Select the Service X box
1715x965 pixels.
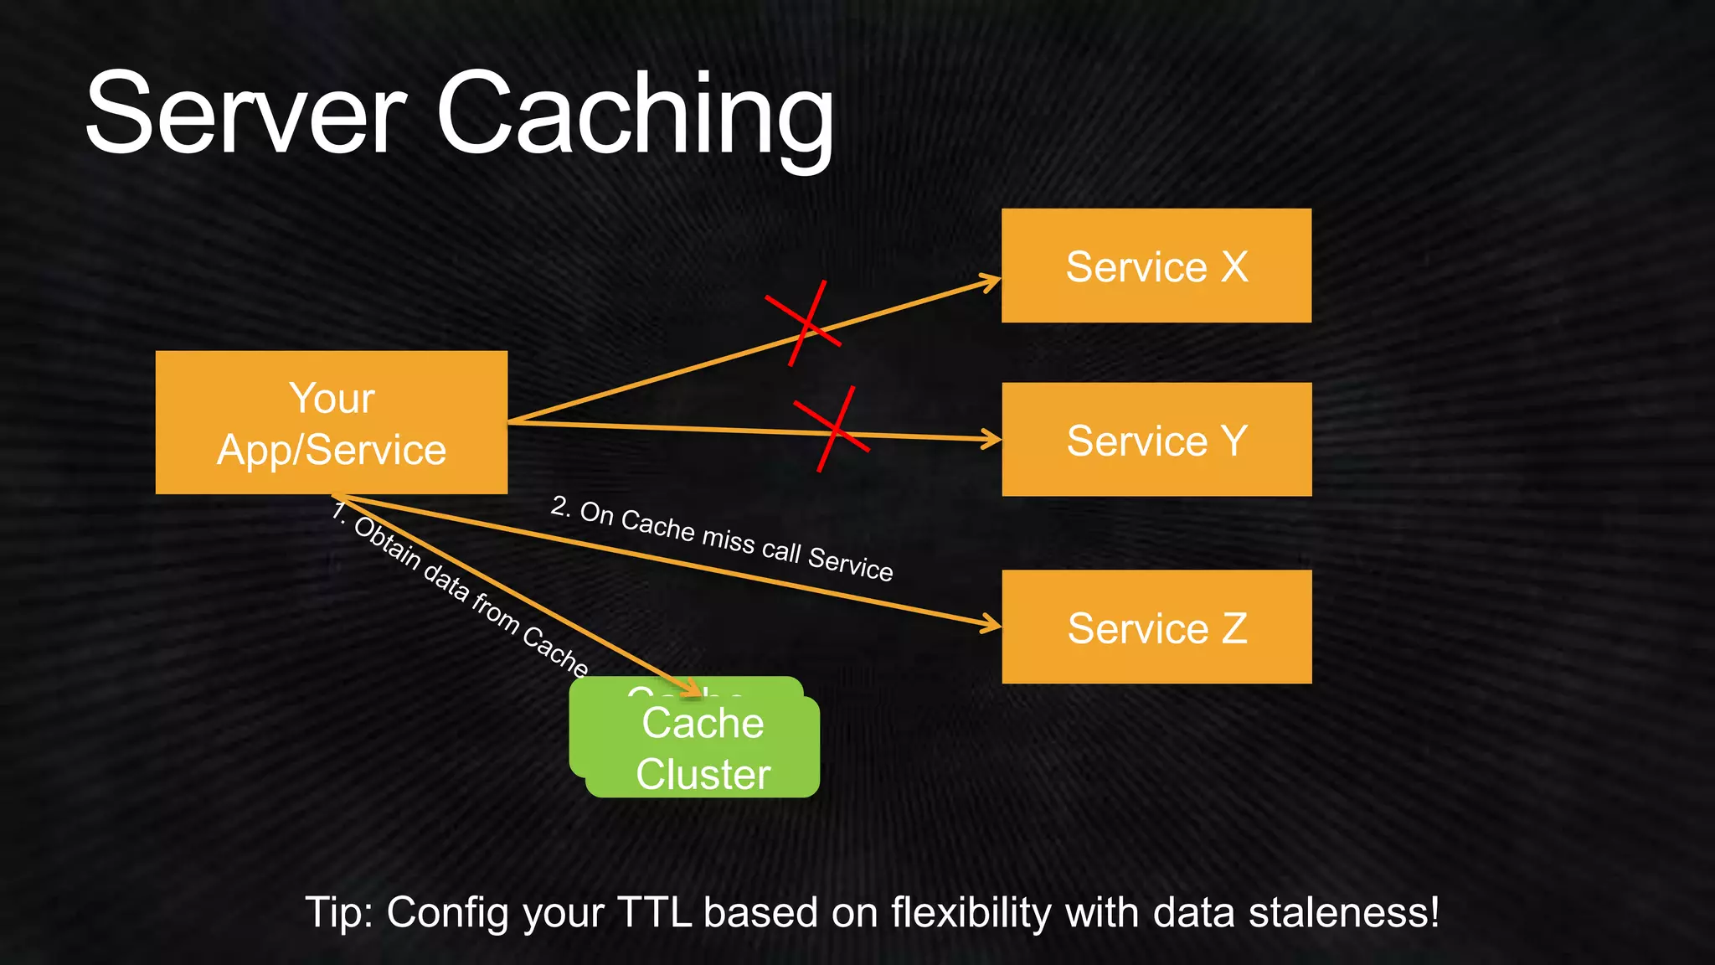1156,266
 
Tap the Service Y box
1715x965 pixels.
1156,440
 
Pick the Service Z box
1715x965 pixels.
1156,627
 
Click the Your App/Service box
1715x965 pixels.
331,423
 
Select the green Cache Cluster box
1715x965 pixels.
702,748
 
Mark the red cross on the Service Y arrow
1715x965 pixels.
832,429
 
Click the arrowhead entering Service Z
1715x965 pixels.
993,624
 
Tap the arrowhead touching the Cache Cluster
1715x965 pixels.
693,691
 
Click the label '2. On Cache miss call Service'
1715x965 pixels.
722,538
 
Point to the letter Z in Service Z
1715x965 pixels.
1234,628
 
